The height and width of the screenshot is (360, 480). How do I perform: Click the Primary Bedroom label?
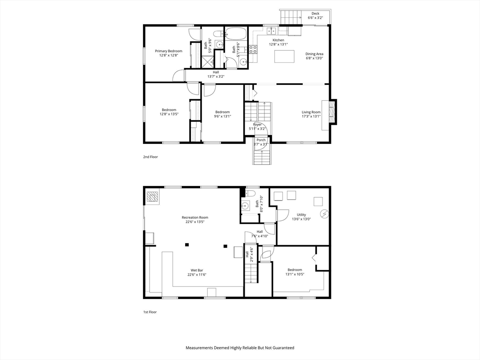tap(168, 51)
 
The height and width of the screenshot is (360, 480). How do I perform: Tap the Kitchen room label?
tap(278, 40)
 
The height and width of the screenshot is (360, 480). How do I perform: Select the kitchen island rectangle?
tap(285, 57)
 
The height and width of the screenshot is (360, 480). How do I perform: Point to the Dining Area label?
tap(314, 54)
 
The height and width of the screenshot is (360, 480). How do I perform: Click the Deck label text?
tap(315, 14)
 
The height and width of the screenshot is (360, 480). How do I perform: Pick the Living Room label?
tap(311, 112)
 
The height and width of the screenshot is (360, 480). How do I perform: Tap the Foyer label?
tap(257, 125)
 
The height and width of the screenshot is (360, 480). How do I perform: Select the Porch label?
tap(261, 140)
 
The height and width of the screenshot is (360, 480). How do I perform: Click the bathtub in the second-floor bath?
tap(236, 34)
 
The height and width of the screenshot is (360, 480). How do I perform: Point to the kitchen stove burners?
tap(253, 50)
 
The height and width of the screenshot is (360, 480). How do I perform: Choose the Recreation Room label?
tap(195, 217)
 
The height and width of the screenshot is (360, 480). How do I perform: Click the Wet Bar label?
tap(197, 270)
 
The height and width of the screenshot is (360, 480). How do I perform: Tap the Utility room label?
tap(301, 215)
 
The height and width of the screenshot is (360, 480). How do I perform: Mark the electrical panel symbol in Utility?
tap(324, 214)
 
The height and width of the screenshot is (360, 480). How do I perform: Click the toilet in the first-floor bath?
tap(251, 194)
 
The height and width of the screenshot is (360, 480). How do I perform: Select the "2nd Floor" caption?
tap(150, 157)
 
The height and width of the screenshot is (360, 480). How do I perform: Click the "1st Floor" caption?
tap(150, 312)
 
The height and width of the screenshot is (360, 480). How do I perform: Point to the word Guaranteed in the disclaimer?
tap(284, 348)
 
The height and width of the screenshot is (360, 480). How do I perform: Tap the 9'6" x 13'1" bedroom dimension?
tap(222, 116)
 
